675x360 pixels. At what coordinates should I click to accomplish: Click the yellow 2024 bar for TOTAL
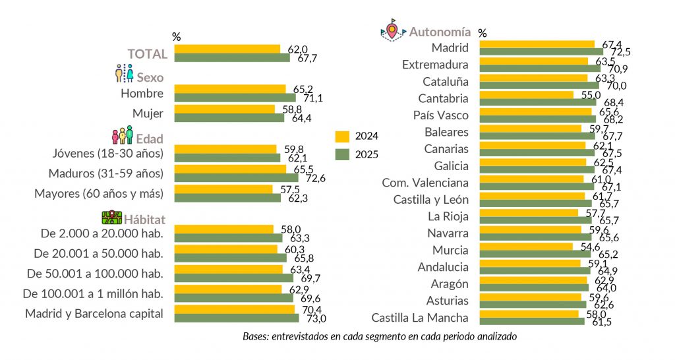coord(227,49)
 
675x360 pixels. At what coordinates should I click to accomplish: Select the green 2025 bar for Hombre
coord(235,98)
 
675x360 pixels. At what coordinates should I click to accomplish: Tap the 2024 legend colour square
coord(341,136)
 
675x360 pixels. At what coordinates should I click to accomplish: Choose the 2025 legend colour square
coord(341,154)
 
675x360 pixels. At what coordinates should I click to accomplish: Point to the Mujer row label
coord(148,112)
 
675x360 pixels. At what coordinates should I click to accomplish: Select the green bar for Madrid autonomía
coord(541,51)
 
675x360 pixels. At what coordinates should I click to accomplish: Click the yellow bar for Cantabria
coord(526,95)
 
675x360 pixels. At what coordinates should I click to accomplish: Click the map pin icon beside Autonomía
coord(393,30)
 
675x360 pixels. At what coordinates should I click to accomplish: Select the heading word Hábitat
coord(144,220)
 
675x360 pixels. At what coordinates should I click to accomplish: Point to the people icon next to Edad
coord(122,136)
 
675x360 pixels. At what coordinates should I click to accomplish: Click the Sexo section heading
coord(150,77)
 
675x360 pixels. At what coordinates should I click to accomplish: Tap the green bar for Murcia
coord(535,254)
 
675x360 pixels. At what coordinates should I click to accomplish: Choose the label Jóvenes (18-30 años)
coord(107,154)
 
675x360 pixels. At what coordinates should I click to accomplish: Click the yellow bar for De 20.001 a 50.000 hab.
coord(225,249)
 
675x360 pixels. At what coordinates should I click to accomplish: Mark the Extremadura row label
coord(435,65)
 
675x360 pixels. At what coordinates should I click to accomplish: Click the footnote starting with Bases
coord(379,336)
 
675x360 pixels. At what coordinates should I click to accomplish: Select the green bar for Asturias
coord(533,304)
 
